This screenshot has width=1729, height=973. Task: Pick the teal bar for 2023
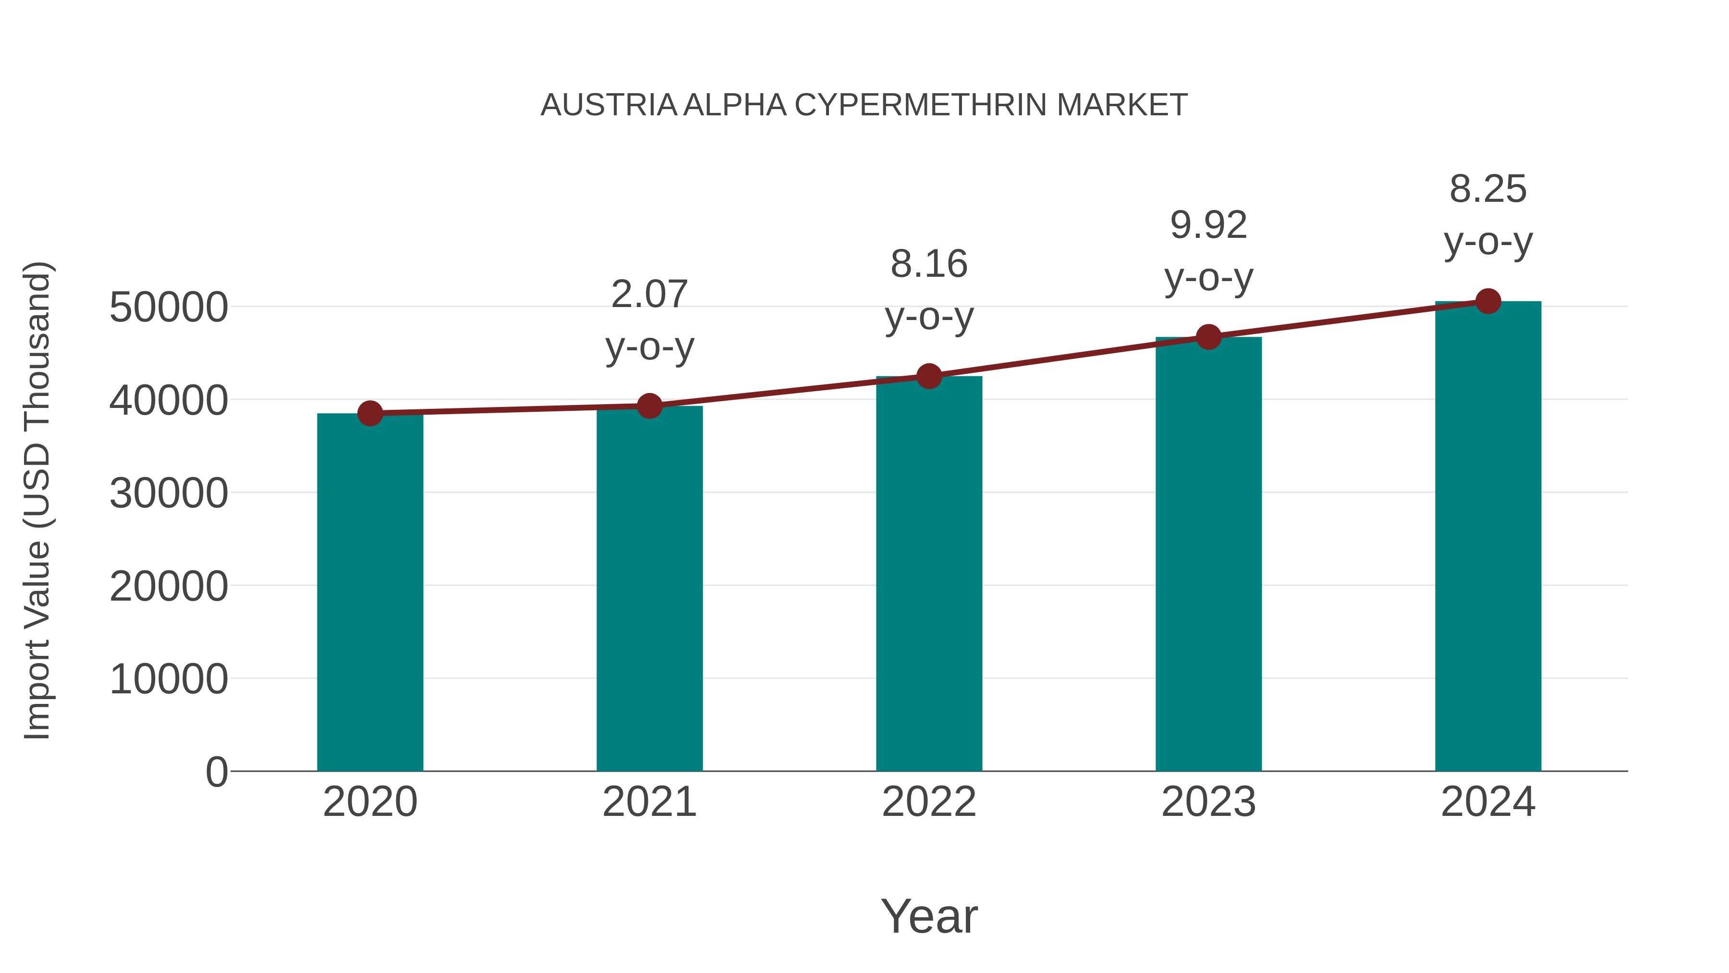[1208, 554]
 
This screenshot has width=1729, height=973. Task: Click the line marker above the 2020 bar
[370, 414]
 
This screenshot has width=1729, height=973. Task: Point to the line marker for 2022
[929, 376]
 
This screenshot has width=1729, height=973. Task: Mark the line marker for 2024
[1488, 301]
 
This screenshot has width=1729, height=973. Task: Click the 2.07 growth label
[649, 294]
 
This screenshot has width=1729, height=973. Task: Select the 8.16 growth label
[929, 264]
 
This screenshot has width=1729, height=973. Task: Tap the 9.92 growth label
[1208, 225]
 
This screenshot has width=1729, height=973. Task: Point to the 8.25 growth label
[1488, 189]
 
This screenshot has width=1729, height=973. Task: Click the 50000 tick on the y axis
[169, 308]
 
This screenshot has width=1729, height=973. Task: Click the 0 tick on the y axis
[216, 772]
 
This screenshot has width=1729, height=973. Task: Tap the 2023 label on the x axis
[1208, 802]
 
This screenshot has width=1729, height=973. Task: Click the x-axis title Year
[929, 916]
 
